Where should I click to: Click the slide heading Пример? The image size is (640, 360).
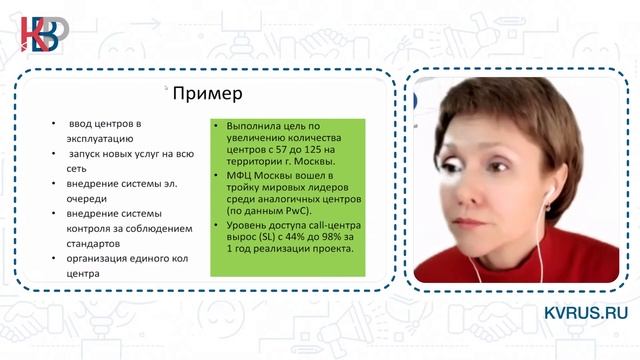tap(208, 95)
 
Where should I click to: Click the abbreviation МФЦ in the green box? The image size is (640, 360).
tap(241, 174)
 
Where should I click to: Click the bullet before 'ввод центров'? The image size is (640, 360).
tap(54, 125)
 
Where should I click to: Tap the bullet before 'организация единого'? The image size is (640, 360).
tap(54, 257)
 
